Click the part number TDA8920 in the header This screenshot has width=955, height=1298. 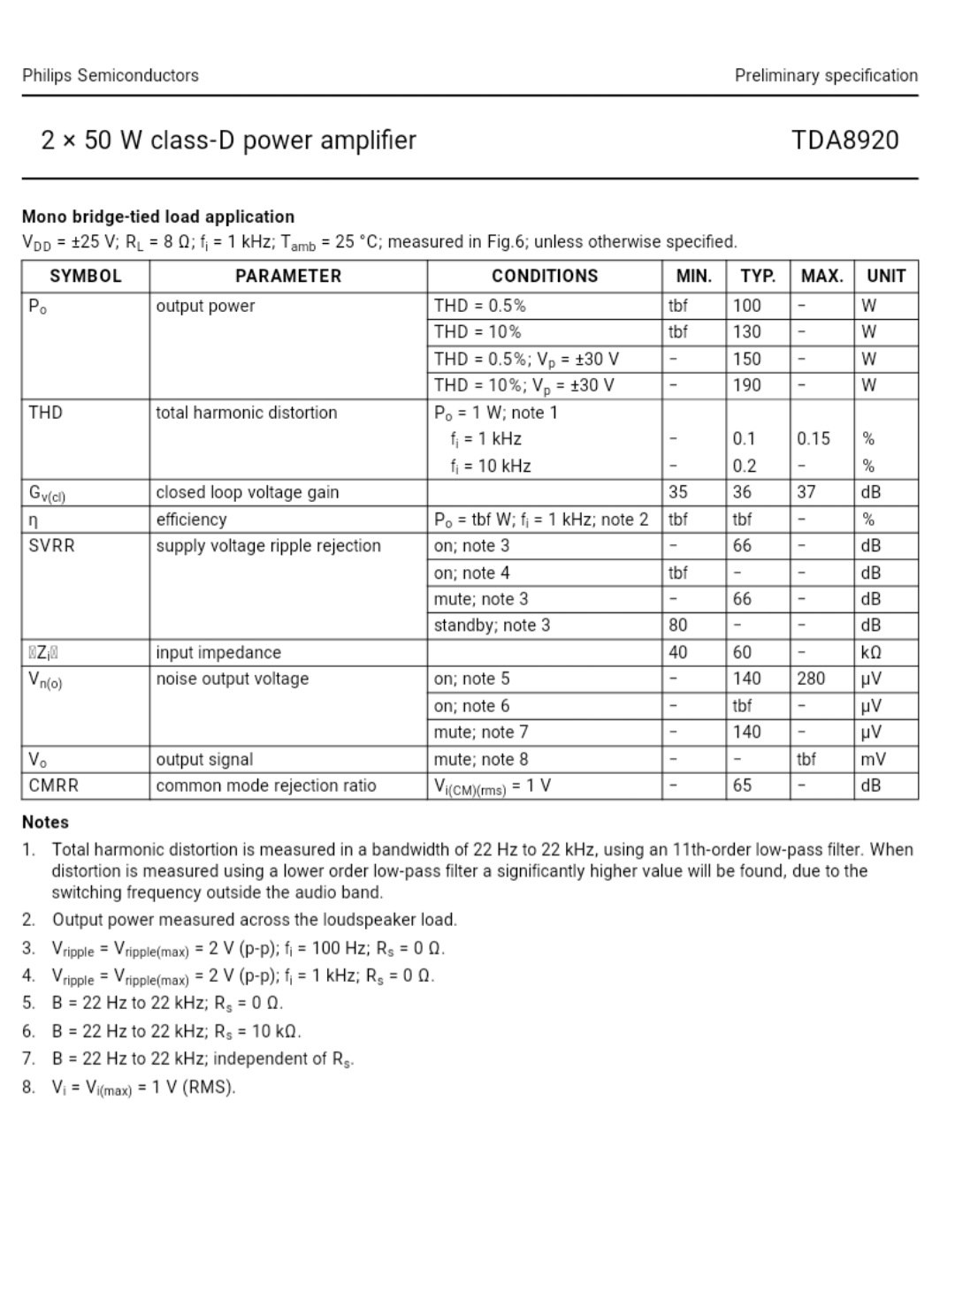[844, 140]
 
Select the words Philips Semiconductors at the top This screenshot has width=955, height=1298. [111, 75]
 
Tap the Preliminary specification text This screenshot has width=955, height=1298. [826, 75]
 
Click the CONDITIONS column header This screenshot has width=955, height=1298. [545, 276]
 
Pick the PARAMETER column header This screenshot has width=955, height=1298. [288, 276]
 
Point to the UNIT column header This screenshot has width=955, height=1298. [886, 276]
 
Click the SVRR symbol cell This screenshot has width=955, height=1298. [52, 546]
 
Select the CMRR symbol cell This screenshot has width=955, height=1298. [54, 786]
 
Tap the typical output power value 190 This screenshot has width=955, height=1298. [747, 385]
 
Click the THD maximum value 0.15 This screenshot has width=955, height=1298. [814, 439]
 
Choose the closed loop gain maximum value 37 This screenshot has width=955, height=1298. [806, 492]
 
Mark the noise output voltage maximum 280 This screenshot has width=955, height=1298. [811, 679]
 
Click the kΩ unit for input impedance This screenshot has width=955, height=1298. [871, 653]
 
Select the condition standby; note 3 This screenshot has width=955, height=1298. [492, 626]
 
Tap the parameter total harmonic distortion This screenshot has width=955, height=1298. [247, 413]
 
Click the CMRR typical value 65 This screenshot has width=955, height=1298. [743, 786]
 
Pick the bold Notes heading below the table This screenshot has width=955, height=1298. [45, 822]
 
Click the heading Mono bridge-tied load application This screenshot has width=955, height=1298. [158, 216]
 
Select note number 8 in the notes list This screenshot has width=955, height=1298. [29, 1087]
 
